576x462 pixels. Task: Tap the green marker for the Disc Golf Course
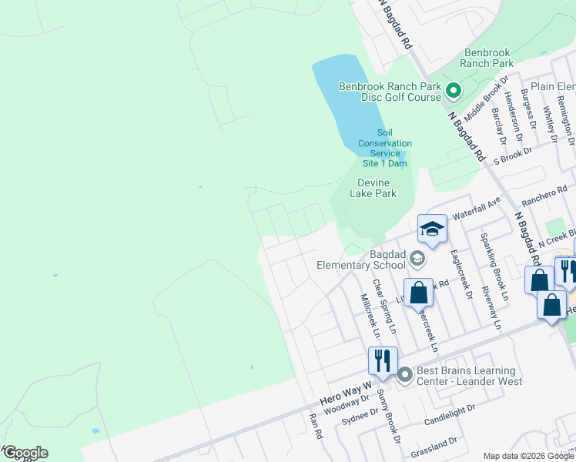[454, 92]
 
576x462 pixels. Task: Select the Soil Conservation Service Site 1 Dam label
[384, 148]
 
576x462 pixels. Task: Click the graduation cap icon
[432, 229]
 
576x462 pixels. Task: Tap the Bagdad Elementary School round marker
[417, 258]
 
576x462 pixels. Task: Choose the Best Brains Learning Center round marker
[405, 375]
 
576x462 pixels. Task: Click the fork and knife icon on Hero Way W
[382, 360]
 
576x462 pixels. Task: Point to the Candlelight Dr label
[451, 417]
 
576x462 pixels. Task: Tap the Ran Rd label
[314, 426]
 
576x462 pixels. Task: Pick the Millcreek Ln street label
[369, 314]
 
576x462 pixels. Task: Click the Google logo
[25, 452]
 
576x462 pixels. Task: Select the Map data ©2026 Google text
[527, 456]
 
